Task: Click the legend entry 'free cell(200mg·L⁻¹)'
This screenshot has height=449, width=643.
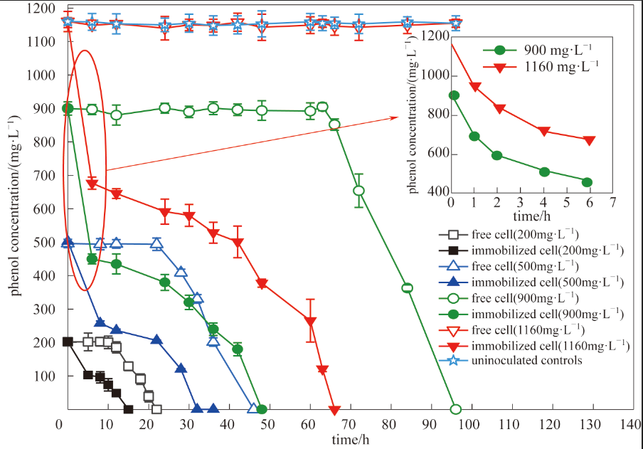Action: pos(524,234)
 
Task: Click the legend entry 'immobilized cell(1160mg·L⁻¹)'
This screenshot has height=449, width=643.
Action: pos(550,345)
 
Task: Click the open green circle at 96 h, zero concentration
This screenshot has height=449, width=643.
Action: pos(456,409)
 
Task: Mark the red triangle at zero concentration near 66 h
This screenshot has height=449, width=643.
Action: pos(334,410)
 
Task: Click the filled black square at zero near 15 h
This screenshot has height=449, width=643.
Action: pos(128,409)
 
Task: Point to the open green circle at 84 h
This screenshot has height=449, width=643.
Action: pos(407,287)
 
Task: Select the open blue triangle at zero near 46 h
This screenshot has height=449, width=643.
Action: pos(253,408)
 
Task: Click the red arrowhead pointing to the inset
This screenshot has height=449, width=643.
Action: pos(397,117)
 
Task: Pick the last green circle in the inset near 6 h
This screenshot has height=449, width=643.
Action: pos(587,182)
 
